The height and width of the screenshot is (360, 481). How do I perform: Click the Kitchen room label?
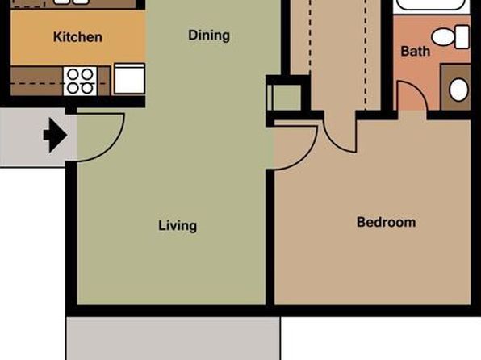(x=77, y=37)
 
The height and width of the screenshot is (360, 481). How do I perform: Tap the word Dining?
(x=209, y=36)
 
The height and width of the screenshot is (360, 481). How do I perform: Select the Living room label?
(x=178, y=226)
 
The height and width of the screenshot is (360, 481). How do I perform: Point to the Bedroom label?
(x=387, y=222)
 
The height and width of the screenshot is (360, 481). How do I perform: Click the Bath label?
(x=416, y=51)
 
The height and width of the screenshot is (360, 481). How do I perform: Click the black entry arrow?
(x=55, y=135)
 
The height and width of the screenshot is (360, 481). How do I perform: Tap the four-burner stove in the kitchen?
(x=80, y=82)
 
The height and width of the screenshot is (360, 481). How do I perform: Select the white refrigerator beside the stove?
(x=129, y=78)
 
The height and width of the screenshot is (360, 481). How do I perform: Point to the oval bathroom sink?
(x=458, y=90)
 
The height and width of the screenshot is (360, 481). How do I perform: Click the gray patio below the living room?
(x=174, y=338)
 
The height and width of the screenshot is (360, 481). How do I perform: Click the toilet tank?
(x=462, y=37)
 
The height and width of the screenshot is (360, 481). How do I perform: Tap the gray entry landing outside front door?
(x=33, y=137)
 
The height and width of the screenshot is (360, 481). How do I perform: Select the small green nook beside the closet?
(x=287, y=98)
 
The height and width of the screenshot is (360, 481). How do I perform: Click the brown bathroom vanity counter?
(x=455, y=87)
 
